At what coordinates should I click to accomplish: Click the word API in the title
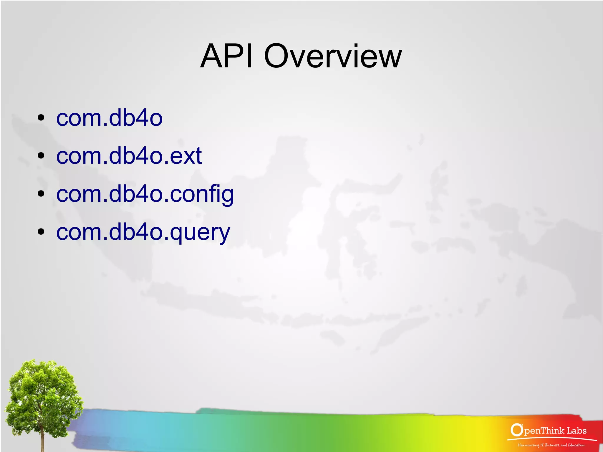point(226,56)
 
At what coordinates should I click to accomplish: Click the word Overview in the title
point(333,56)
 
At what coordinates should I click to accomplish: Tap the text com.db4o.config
point(145,194)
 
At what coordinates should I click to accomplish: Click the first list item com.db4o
point(109,118)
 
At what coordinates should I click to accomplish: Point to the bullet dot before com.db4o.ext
point(41,155)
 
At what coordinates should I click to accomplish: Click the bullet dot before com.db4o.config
point(41,194)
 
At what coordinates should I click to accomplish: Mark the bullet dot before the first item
point(41,118)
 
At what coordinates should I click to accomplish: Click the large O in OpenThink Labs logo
point(517,430)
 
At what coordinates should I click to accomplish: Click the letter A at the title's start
point(211,56)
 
